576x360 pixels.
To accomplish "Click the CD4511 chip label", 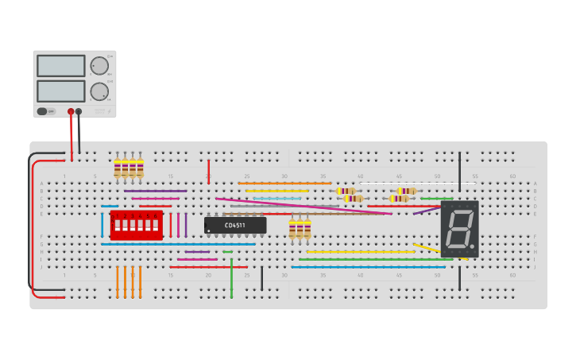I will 234,226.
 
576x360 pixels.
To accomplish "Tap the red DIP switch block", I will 137,226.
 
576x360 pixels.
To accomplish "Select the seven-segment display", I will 459,228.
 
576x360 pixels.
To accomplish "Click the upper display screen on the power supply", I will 60,66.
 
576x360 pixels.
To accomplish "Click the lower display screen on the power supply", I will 60,91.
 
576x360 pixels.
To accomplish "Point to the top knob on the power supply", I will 99,66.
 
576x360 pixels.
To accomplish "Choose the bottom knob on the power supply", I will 99,91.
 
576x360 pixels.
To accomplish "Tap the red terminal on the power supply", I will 71,112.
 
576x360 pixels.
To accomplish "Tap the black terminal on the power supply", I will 79,112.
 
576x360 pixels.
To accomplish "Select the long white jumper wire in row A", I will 418,184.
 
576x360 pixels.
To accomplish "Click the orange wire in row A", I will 284,184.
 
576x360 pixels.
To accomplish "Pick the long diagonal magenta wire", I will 302,206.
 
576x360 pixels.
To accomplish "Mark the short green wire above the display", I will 436,199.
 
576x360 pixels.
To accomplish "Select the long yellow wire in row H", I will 361,252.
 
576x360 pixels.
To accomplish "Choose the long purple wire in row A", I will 156,191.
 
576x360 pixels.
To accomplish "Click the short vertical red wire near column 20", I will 209,171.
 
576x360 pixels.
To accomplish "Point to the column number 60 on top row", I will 512,176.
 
